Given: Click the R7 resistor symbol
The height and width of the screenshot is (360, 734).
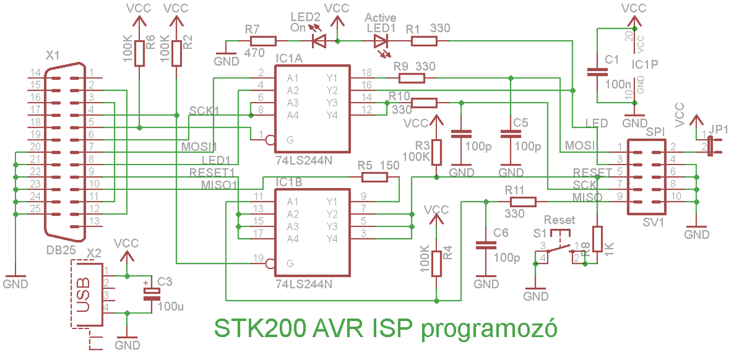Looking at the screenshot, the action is coord(263,41).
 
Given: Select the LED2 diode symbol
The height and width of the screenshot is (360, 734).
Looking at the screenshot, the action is coord(319,41).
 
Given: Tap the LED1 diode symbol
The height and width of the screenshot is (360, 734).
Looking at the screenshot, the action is coord(381,41).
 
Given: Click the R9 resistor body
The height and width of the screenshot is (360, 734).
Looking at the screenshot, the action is coord(412,79).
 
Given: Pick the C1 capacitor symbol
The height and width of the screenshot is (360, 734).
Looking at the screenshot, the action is coord(598,72).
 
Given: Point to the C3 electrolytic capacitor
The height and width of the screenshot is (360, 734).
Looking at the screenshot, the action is coord(152,294).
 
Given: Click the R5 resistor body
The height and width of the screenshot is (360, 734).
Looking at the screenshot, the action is coord(374,178).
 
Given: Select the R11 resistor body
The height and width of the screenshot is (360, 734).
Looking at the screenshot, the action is coord(523,202).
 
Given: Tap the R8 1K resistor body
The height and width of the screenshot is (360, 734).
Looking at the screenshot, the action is coord(598,239).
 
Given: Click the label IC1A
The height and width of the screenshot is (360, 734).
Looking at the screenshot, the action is coord(289,58).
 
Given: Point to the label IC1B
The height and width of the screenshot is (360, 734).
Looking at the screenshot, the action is coord(289,182).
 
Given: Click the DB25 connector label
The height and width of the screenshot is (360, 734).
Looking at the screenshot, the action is coord(61,251).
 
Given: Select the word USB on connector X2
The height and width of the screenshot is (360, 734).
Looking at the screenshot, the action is coord(83,295).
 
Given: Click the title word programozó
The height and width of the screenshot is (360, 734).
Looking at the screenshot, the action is coord(489,329).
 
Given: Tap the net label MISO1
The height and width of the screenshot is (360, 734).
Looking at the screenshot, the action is coord(219,185).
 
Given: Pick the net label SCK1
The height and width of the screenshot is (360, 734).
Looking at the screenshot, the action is coord(204,111).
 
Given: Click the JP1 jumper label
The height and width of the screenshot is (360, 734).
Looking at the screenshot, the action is coord(718,130).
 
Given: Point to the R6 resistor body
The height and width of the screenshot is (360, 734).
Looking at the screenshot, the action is coord(139,54).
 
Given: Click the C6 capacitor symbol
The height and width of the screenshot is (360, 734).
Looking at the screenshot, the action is coord(486,245).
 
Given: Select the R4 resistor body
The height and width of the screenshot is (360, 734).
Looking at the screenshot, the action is coord(436,264).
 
